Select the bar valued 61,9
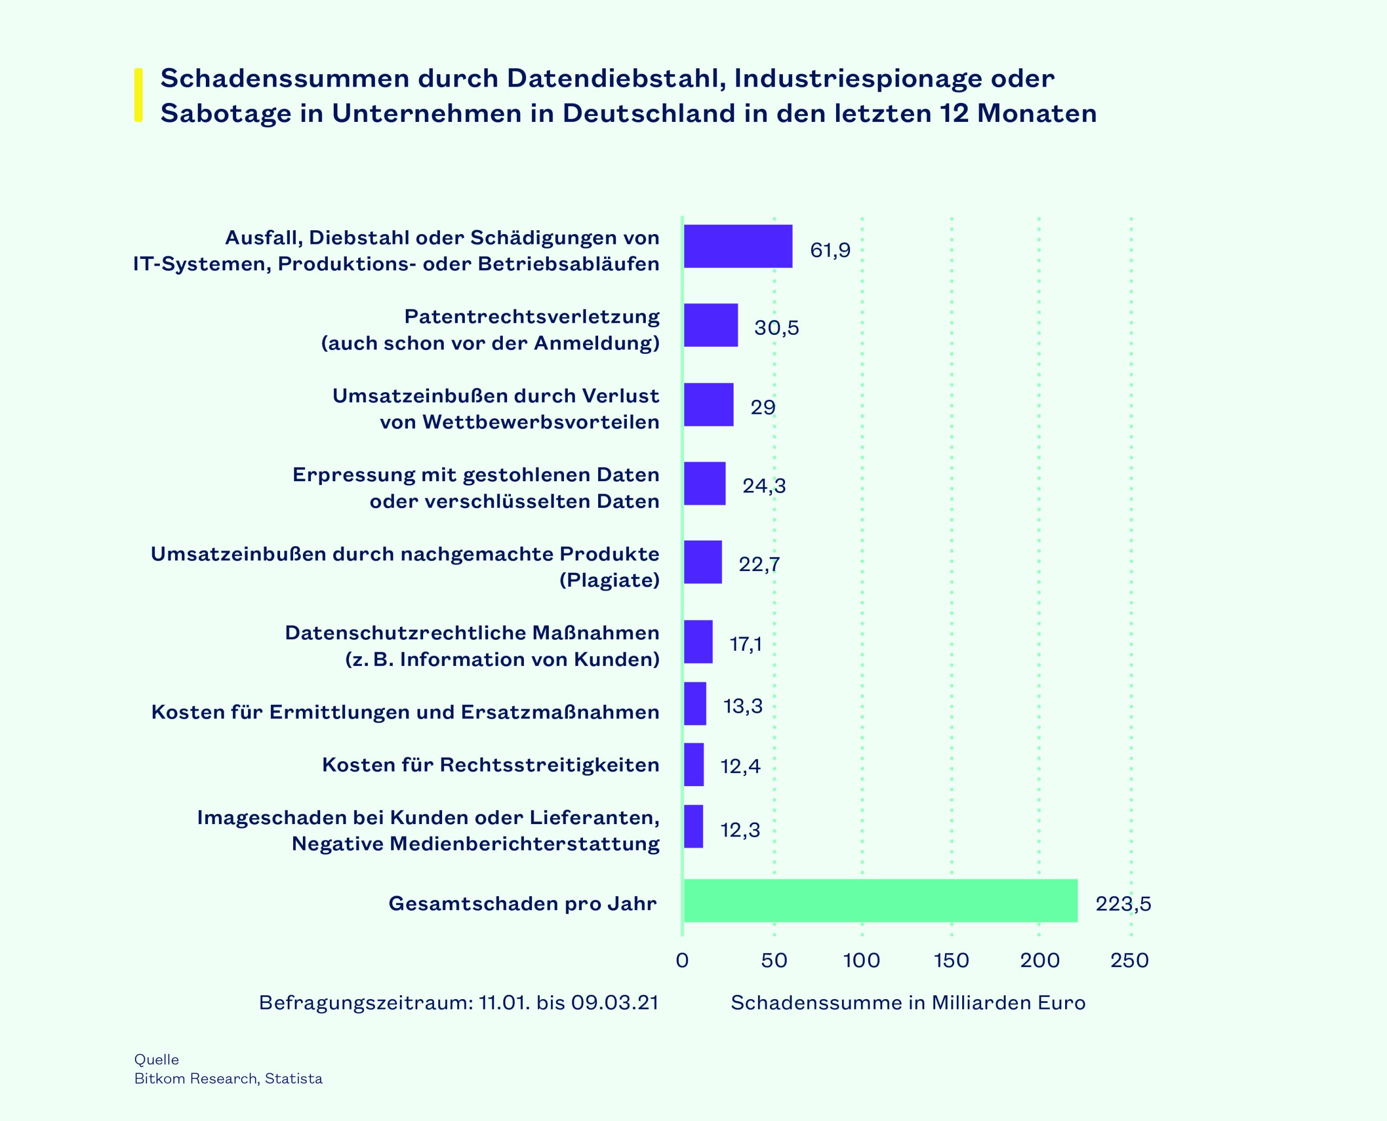pyautogui.click(x=738, y=246)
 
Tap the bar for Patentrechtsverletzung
pyautogui.click(x=710, y=325)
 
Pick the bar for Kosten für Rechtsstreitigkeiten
pyautogui.click(x=693, y=764)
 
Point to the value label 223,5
pyautogui.click(x=1123, y=903)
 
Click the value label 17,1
pyautogui.click(x=746, y=644)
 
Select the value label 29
pyautogui.click(x=763, y=407)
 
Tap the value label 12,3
pyautogui.click(x=740, y=829)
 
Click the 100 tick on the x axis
pyautogui.click(x=861, y=960)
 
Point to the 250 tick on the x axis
pyautogui.click(x=1129, y=960)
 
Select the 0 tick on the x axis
pyautogui.click(x=682, y=960)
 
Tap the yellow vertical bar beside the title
pyautogui.click(x=138, y=95)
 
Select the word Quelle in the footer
pyautogui.click(x=156, y=1059)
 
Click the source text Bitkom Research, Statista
pyautogui.click(x=228, y=1078)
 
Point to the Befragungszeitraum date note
pyautogui.click(x=458, y=1003)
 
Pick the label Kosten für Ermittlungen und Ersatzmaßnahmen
pyautogui.click(x=405, y=711)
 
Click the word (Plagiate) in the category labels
pyautogui.click(x=609, y=580)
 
